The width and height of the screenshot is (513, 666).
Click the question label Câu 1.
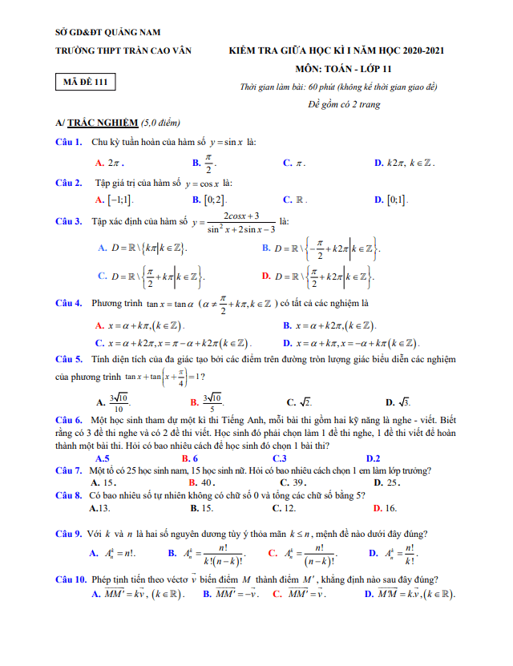point(68,142)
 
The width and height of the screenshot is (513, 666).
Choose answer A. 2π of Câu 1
point(108,163)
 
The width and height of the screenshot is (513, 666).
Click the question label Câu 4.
point(68,304)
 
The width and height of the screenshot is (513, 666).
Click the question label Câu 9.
point(68,534)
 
